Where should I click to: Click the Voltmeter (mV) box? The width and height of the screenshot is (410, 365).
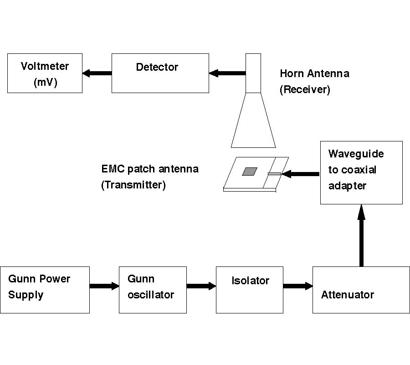click(45, 73)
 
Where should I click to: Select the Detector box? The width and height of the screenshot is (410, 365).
click(160, 73)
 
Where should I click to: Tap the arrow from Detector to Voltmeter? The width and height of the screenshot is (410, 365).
click(97, 73)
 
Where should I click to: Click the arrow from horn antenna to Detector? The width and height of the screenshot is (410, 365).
click(227, 73)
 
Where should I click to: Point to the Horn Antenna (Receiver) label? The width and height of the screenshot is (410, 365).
click(314, 81)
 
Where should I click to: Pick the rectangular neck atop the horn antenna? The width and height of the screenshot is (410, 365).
click(253, 73)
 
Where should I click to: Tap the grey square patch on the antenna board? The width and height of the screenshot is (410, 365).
click(249, 171)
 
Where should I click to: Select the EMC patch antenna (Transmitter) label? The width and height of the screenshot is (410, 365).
click(150, 177)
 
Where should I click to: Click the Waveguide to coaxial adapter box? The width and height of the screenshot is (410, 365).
click(361, 172)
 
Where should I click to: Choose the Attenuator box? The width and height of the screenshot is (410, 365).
click(361, 290)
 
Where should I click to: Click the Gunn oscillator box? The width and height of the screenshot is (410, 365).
click(153, 290)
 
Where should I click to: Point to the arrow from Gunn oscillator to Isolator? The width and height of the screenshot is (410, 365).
click(201, 286)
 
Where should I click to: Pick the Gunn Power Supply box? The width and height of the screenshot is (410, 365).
click(45, 290)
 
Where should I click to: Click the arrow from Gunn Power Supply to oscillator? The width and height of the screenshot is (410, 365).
click(104, 286)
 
